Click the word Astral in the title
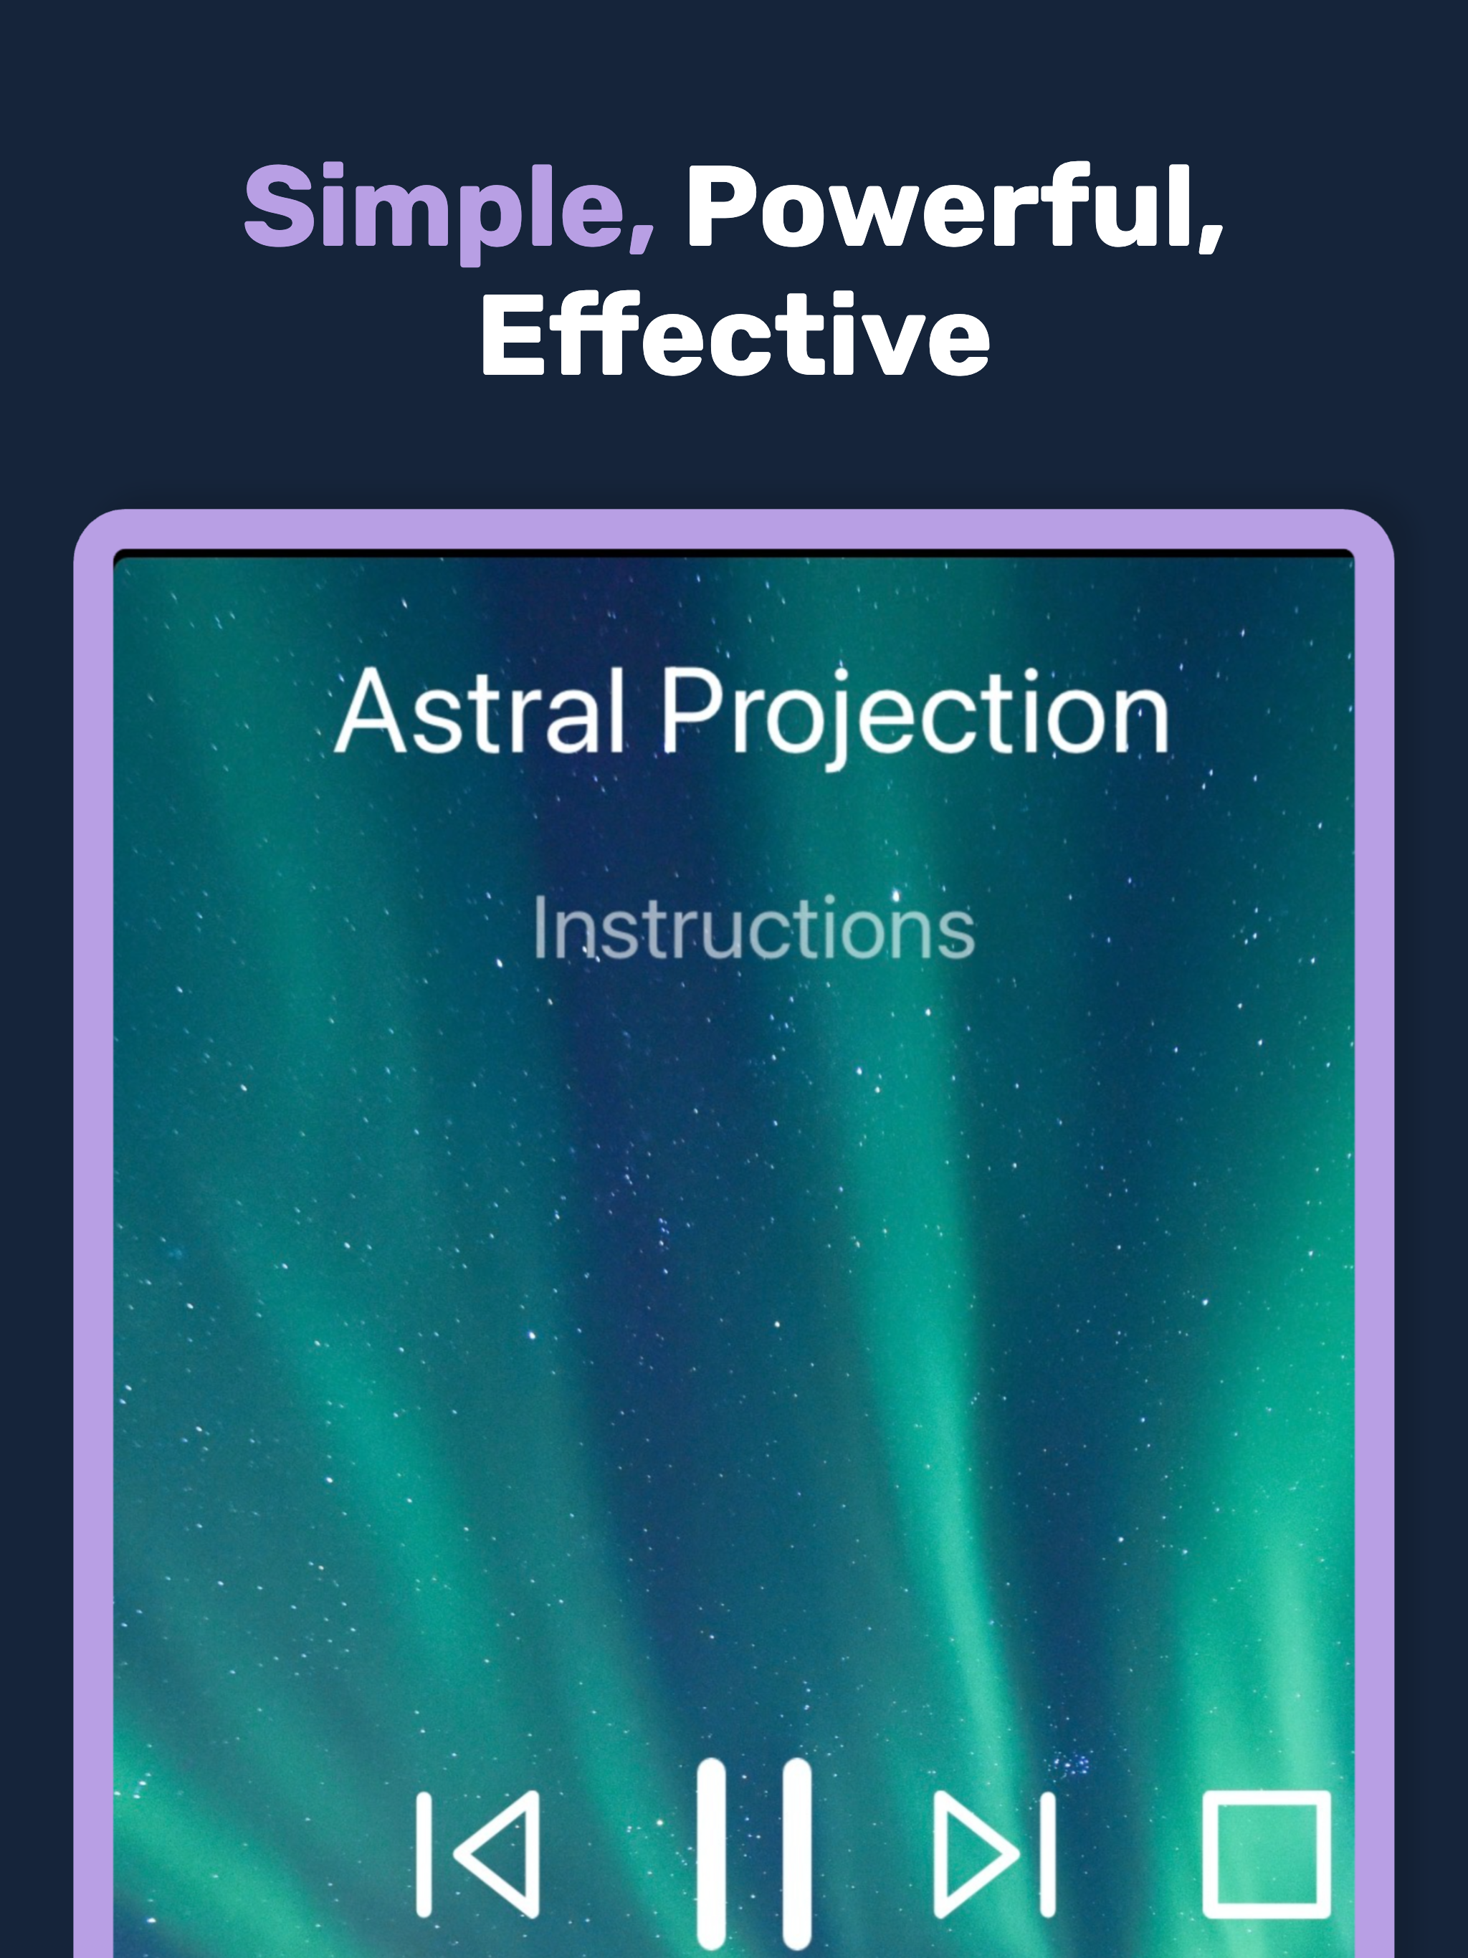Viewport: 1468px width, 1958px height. point(479,712)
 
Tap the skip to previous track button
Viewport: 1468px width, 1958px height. point(478,1854)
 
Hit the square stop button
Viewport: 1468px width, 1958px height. point(1266,1854)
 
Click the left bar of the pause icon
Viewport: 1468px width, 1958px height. point(711,1854)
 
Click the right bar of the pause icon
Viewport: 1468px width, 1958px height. point(797,1854)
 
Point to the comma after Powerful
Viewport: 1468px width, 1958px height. point(1211,237)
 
